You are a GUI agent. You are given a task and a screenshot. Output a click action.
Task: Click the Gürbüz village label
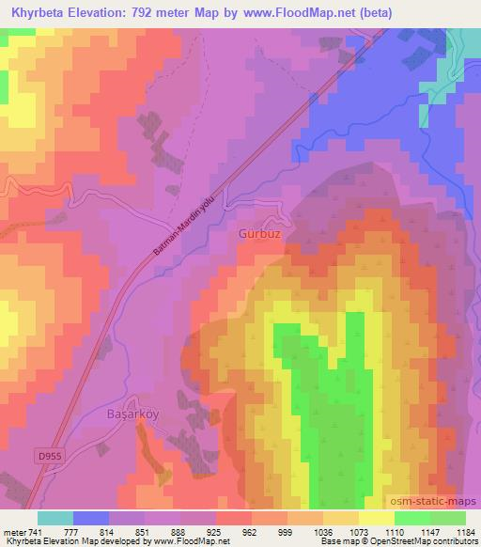point(259,229)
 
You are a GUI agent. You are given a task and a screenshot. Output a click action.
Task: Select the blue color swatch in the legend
point(91,518)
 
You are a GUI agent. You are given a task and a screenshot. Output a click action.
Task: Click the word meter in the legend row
point(12,532)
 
